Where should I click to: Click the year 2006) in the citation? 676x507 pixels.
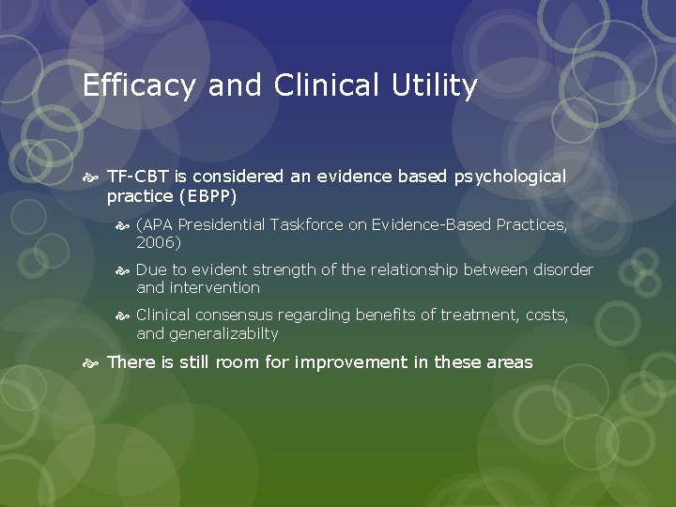click(159, 242)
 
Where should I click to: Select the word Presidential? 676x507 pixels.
click(222, 224)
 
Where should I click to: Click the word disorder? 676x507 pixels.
click(562, 269)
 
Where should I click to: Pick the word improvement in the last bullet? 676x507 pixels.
click(349, 361)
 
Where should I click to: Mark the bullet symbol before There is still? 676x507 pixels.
click(91, 362)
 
